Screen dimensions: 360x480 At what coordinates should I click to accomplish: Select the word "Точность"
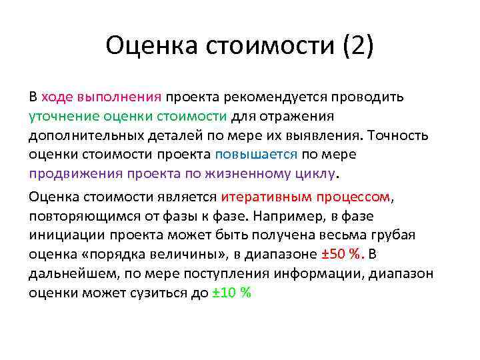(x=398, y=135)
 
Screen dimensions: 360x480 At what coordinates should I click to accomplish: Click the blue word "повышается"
(x=256, y=155)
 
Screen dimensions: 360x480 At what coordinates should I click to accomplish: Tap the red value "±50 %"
(x=342, y=256)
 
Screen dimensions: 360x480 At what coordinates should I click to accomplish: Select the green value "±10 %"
(x=231, y=294)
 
